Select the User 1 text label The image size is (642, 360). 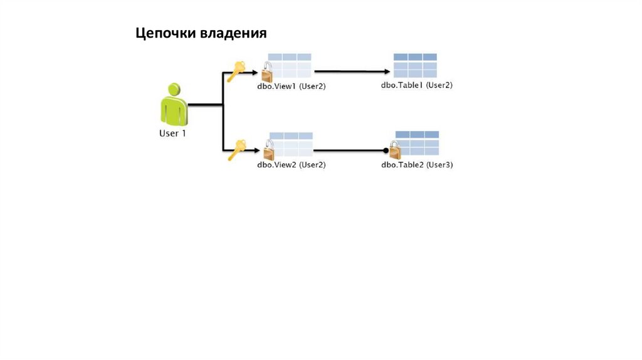(x=172, y=134)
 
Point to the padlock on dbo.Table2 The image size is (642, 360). (x=394, y=151)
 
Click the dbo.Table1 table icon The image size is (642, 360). (x=415, y=66)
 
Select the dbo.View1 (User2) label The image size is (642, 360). (x=291, y=86)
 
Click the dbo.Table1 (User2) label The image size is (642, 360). (x=417, y=85)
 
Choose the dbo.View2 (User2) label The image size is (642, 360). (x=291, y=165)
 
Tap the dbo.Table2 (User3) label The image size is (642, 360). (x=417, y=165)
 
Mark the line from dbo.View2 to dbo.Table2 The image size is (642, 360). (x=348, y=151)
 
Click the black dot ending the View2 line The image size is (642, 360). (x=385, y=151)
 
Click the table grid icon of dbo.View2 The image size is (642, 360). (x=291, y=144)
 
